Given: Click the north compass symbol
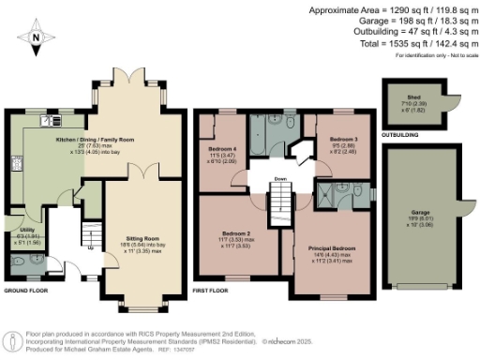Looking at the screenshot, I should pyautogui.click(x=36, y=37).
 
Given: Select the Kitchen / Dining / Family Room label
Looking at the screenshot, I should pyautogui.click(x=93, y=139).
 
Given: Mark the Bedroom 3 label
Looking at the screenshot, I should pyautogui.click(x=332, y=146).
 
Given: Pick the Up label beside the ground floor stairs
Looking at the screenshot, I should pyautogui.click(x=90, y=247).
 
